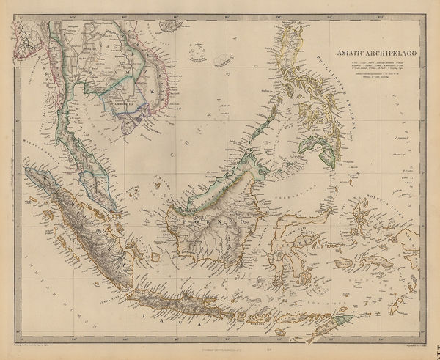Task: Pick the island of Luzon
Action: pyautogui.click(x=290, y=51)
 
